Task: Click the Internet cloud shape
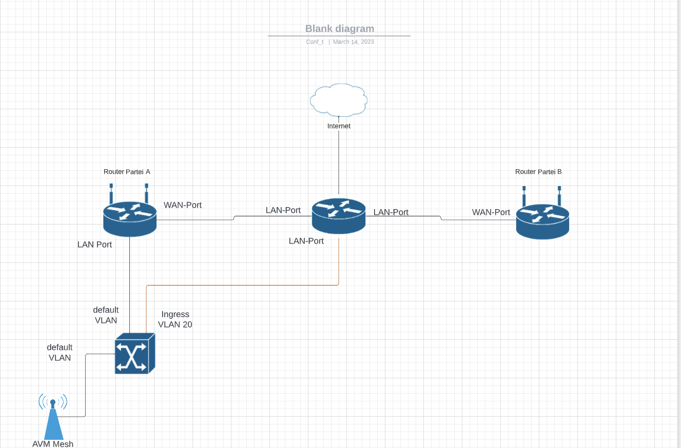point(339,100)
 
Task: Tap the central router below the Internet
point(339,216)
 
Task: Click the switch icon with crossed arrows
point(135,354)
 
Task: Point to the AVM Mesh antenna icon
point(53,416)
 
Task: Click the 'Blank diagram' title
point(340,29)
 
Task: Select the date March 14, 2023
point(353,42)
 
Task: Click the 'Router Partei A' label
point(127,172)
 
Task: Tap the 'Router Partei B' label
point(538,172)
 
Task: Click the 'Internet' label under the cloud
point(339,126)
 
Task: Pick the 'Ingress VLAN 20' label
point(175,319)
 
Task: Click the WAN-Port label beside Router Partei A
point(183,205)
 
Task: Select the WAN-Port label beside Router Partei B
point(491,212)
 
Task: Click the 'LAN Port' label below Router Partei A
point(94,245)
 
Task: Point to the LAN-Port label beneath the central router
point(306,241)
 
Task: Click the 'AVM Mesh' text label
point(53,444)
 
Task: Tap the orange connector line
point(243,285)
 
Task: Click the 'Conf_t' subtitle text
point(315,42)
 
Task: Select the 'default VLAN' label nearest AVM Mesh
point(60,352)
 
